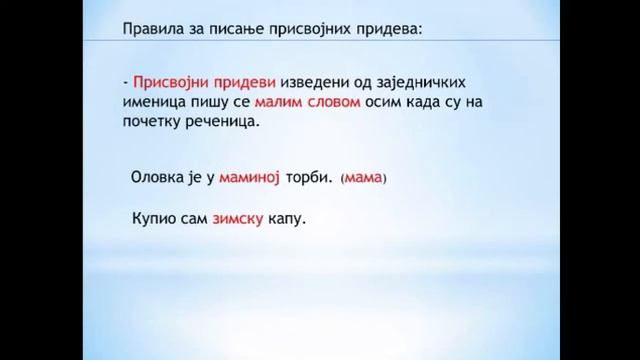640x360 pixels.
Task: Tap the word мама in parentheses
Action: tap(363, 179)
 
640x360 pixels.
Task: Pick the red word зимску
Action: tap(237, 218)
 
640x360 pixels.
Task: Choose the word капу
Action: tap(287, 219)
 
